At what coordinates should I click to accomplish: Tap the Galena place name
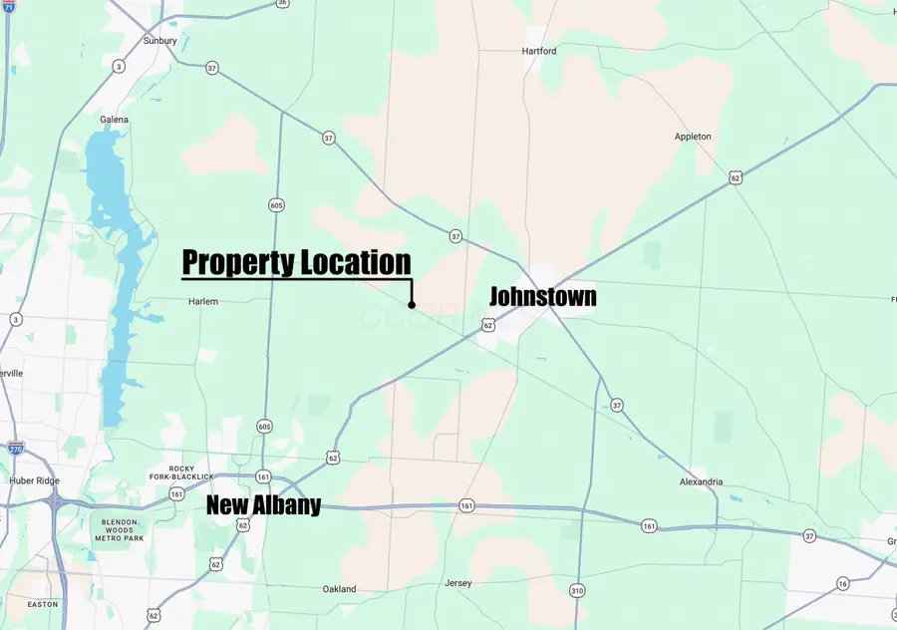[x=114, y=120]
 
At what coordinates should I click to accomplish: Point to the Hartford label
[x=538, y=51]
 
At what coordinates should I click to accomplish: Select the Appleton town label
[x=693, y=137]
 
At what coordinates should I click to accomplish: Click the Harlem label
[x=202, y=301]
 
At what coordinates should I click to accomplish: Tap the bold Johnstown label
[x=542, y=296]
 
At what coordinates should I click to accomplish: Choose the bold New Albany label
[x=263, y=505]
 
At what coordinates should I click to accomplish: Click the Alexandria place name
[x=701, y=482]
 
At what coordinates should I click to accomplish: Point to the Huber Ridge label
[x=33, y=480]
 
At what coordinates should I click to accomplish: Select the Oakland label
[x=339, y=589]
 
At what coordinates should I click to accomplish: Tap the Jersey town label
[x=458, y=583]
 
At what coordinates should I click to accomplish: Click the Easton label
[x=43, y=604]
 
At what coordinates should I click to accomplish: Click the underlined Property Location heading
[x=296, y=263]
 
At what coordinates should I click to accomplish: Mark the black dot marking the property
[x=412, y=305]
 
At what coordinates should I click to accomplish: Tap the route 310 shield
[x=577, y=590]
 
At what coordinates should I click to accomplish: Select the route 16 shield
[x=842, y=583]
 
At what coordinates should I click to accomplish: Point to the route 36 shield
[x=283, y=3]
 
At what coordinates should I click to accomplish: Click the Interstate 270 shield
[x=15, y=449]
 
